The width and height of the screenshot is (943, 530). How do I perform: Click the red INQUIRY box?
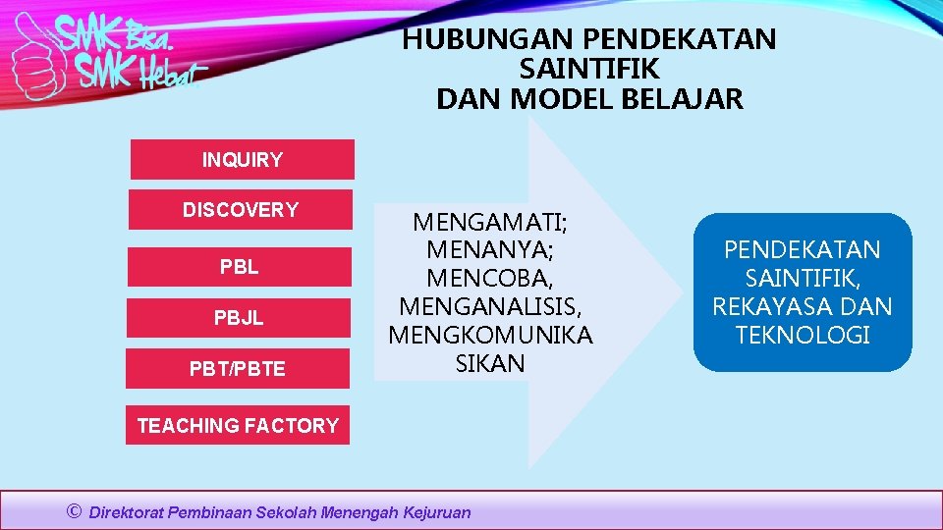[242, 160]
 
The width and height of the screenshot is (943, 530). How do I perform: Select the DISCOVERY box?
[241, 210]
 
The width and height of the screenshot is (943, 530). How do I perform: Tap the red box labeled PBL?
[241, 267]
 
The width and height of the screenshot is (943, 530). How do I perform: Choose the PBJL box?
[240, 318]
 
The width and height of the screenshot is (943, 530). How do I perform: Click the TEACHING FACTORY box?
[238, 426]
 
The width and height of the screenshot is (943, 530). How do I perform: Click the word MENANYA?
[490, 249]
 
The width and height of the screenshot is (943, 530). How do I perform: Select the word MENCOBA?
[490, 278]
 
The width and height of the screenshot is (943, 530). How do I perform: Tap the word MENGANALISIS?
[490, 306]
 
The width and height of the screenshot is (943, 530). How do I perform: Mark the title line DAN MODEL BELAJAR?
[589, 99]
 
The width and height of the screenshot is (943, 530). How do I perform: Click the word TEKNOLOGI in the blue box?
[803, 335]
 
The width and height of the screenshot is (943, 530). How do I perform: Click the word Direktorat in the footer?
[127, 512]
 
